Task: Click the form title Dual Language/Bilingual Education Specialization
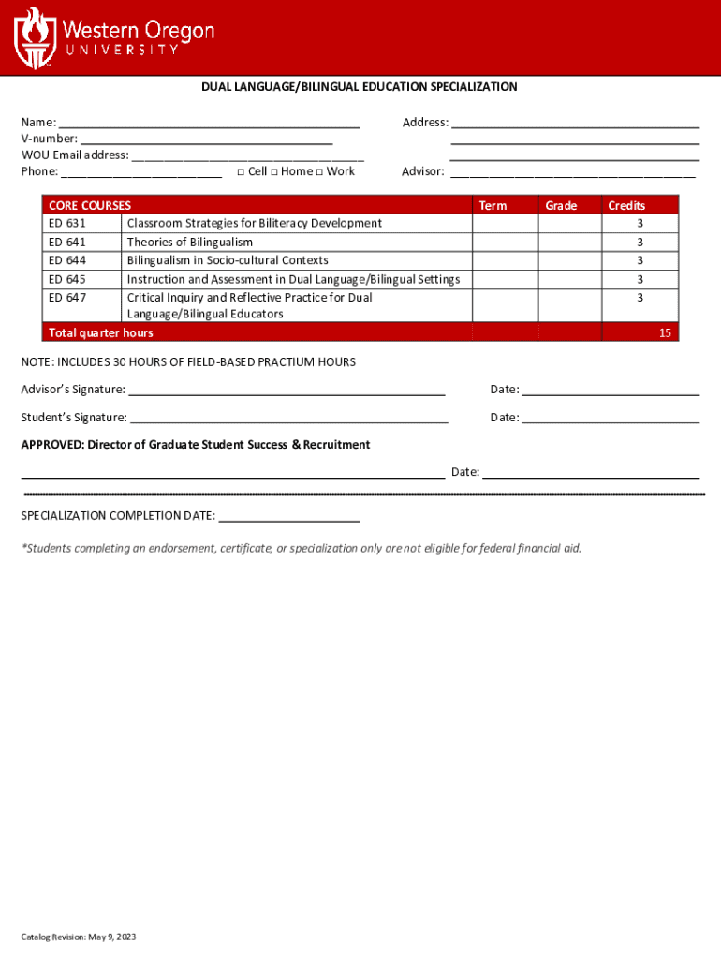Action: (x=360, y=87)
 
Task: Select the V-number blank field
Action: (x=206, y=139)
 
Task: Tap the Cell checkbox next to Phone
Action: (x=241, y=172)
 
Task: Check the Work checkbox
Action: (x=319, y=172)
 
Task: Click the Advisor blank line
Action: (x=573, y=171)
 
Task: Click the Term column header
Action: (x=493, y=205)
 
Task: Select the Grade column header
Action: (x=561, y=205)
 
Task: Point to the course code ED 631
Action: (x=67, y=223)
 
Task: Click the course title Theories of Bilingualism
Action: (x=190, y=242)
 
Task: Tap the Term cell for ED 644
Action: (x=505, y=260)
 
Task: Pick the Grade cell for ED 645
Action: (x=569, y=279)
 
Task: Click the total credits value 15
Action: (x=664, y=333)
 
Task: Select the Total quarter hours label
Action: (x=101, y=333)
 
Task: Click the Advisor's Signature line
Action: (x=287, y=390)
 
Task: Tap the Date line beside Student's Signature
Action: (x=611, y=418)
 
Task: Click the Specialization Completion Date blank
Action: (x=288, y=516)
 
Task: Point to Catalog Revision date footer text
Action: (x=79, y=937)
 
